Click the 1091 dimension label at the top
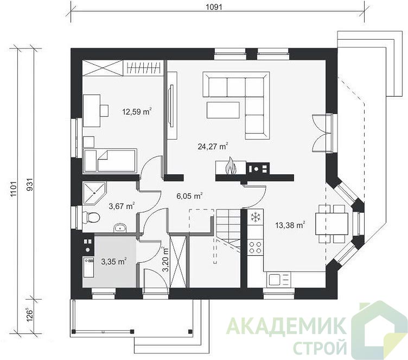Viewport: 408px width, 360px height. pos(214,7)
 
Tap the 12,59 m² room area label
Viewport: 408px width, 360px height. pos(137,112)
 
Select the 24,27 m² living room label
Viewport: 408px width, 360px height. pos(213,147)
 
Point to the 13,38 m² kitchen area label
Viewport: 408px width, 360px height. pos(290,225)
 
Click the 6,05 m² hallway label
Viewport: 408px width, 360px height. pos(189,196)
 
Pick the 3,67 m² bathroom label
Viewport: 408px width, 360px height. pos(122,206)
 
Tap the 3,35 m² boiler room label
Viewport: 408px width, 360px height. pos(114,261)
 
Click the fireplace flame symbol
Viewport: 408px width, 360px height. pos(231,166)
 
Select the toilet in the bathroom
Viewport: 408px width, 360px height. pos(91,217)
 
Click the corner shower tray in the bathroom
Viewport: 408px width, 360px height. pos(94,193)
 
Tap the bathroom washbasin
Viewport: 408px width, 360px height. pos(120,228)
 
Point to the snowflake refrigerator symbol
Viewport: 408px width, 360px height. pos(256,217)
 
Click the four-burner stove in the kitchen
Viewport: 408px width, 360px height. pos(255,248)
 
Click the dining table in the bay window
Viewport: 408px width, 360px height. pos(331,224)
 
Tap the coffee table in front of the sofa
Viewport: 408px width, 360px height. pos(223,110)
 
